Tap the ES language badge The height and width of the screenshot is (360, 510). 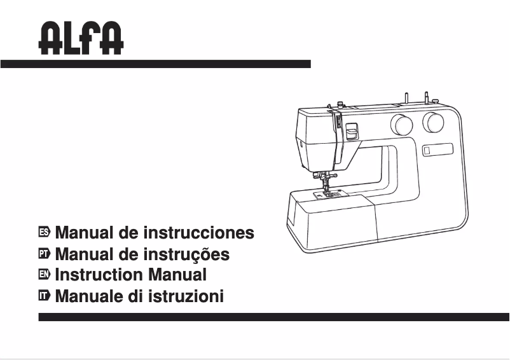click(44, 233)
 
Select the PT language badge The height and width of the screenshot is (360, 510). click(44, 254)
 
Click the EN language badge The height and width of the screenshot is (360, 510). click(44, 275)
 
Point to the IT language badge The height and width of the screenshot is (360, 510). click(44, 296)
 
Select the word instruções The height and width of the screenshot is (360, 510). click(187, 254)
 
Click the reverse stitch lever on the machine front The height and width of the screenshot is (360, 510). click(350, 132)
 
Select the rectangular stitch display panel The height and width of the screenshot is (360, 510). click(437, 149)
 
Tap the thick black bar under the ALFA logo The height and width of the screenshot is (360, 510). click(155, 64)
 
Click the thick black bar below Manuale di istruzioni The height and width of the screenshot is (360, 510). click(273, 317)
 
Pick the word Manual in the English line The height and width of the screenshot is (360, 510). click(177, 275)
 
